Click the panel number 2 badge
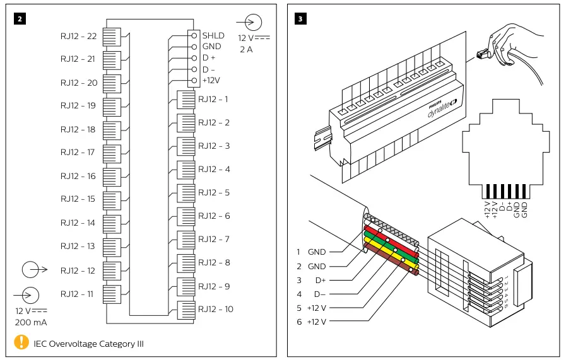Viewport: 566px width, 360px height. click(x=20, y=18)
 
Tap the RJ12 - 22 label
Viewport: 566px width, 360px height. click(x=78, y=36)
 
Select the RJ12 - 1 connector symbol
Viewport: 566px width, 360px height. click(x=186, y=100)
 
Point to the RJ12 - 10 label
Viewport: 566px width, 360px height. click(x=215, y=309)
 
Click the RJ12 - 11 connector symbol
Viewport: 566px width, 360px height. click(x=111, y=294)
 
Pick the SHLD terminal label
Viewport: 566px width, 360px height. click(x=213, y=35)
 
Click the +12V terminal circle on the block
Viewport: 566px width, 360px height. click(x=194, y=80)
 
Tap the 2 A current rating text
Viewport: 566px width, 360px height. click(x=245, y=50)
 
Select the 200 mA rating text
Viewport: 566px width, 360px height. click(x=31, y=322)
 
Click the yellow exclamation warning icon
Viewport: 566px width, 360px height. click(x=21, y=343)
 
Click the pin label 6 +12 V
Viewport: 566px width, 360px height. click(x=311, y=322)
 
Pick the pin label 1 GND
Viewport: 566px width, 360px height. click(x=311, y=252)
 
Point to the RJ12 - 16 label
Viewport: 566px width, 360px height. click(x=78, y=176)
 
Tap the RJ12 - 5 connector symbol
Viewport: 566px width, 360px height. click(x=186, y=193)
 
